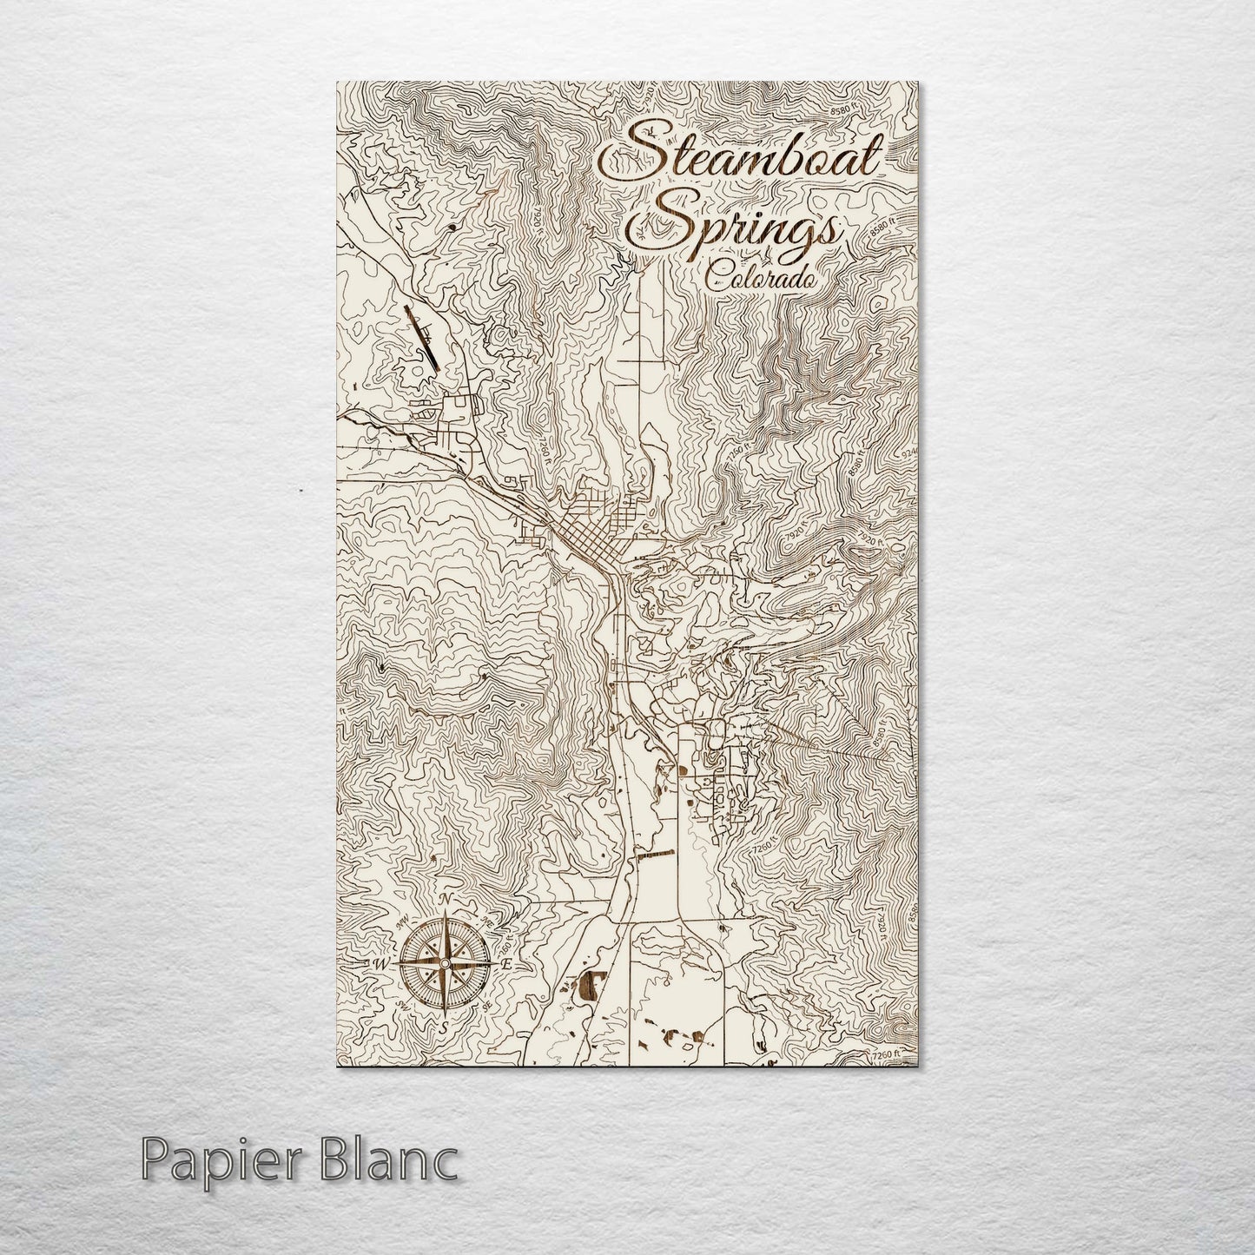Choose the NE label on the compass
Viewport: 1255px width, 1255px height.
click(x=487, y=922)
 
